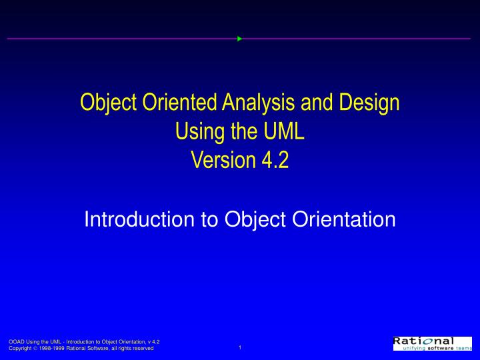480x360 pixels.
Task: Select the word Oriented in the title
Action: (166, 103)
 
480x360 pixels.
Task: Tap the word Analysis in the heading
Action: (246, 103)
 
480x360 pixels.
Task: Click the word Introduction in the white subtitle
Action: (138, 219)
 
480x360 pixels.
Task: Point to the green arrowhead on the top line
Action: (239, 39)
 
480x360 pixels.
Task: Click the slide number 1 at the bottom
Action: (239, 347)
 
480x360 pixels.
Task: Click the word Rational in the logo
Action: (423, 341)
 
